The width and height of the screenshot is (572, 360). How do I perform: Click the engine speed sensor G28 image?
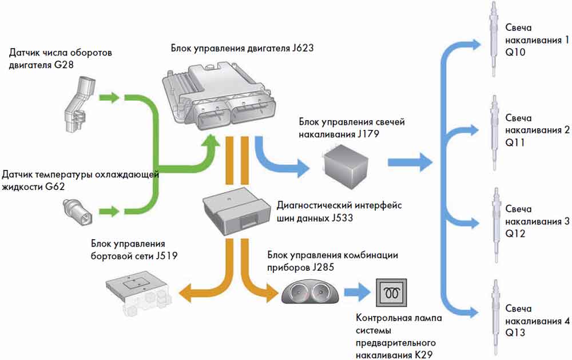79,104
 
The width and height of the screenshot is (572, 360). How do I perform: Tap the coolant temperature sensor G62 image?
78,212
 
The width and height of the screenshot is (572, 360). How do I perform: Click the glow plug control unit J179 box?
345,166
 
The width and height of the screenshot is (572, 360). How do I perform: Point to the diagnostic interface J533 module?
236,211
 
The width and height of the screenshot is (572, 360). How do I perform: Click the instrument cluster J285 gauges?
309,292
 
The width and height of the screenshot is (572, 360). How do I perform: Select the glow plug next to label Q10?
494,39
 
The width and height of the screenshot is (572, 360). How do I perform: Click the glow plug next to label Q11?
494,133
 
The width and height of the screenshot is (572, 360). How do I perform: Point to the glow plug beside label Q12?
495,225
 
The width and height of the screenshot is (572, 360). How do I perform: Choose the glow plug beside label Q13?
495,318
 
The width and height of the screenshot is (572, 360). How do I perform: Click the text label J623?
303,48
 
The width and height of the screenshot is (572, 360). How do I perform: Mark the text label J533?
342,218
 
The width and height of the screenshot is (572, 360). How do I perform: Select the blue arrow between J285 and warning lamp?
357,292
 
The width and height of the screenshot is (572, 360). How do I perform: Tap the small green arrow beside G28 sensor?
109,97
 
